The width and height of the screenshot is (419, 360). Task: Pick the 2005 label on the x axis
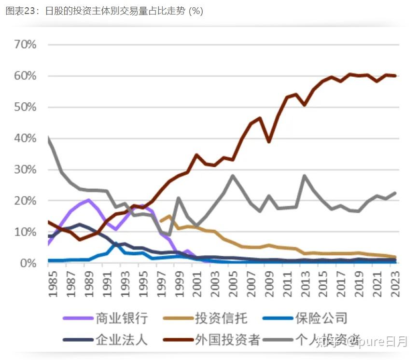coord(232,285)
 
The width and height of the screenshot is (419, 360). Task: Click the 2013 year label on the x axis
coord(305,285)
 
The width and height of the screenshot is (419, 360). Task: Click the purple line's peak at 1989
coord(88,200)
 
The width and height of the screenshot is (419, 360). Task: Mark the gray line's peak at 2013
coord(305,176)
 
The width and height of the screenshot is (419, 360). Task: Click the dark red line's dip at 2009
coord(268,141)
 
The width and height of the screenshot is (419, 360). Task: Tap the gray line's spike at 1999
coord(178,198)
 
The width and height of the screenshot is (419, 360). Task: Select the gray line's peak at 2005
coord(232,176)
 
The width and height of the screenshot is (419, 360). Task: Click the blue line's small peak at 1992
coord(115,244)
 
